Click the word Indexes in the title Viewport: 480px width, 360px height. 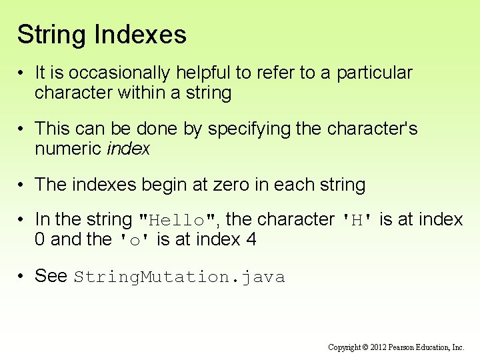pos(141,35)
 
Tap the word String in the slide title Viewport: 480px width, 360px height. pos(51,35)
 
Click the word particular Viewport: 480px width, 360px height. pos(374,73)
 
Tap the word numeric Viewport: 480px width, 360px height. pos(68,148)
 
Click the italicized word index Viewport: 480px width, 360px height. pos(128,148)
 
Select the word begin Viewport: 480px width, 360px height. pos(152,184)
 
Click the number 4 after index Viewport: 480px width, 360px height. pos(251,239)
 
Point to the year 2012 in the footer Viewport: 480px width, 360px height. pos(377,347)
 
